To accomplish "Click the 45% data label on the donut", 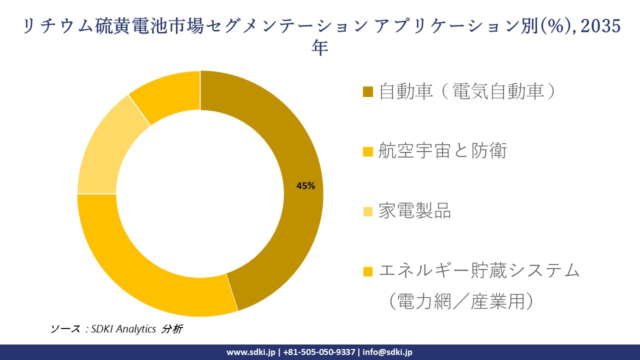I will (305, 186).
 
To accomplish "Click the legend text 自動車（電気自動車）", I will (467, 91).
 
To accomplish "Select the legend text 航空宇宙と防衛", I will (442, 150).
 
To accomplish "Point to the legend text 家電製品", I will (414, 211).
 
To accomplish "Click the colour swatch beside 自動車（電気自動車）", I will (368, 92).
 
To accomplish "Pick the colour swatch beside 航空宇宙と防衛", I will (368, 151).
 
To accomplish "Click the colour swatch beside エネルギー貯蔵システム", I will (368, 271).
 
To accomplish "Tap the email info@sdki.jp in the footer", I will (387, 352).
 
